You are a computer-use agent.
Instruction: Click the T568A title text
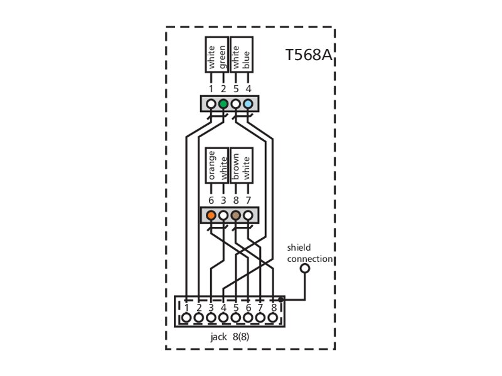(309, 55)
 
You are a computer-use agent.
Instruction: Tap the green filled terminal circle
(223, 104)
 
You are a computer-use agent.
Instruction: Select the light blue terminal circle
(248, 104)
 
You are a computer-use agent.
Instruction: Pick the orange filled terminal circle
(211, 215)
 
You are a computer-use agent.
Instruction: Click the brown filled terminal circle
(236, 215)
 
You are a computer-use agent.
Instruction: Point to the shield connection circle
(305, 268)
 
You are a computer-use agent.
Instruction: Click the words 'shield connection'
(309, 253)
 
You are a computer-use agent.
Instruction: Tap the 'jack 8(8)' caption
(230, 337)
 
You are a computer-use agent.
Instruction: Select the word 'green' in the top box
(223, 58)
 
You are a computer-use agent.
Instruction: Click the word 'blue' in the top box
(246, 60)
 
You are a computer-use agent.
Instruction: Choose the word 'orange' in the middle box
(211, 165)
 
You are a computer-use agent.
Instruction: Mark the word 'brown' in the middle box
(236, 167)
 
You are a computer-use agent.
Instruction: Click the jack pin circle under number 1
(186, 318)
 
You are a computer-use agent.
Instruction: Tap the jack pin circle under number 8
(273, 318)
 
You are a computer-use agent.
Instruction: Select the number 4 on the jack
(223, 308)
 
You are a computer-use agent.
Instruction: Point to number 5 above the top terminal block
(236, 89)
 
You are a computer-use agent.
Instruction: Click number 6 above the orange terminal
(211, 201)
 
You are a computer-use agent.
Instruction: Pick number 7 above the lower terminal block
(248, 201)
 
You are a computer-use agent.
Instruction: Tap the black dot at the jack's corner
(280, 300)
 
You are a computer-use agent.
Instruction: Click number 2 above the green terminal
(223, 89)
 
